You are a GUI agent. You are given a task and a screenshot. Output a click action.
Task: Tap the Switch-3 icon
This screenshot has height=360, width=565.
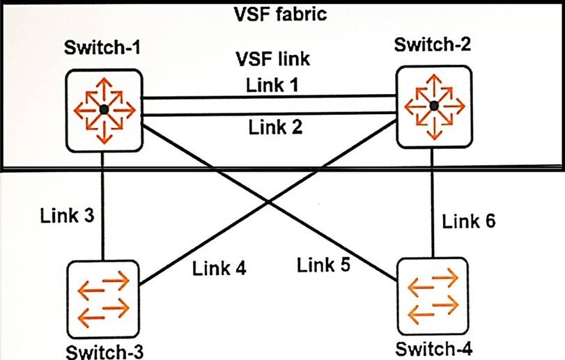tap(104, 295)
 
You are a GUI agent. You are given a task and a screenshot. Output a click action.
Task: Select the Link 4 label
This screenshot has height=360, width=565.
tap(219, 267)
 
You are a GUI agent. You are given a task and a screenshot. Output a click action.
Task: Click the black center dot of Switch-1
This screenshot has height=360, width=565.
tap(104, 109)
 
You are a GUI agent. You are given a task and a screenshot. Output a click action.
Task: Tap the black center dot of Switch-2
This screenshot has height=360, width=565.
tap(433, 106)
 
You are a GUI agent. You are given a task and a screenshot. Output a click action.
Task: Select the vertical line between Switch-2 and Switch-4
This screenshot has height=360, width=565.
tap(433, 209)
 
